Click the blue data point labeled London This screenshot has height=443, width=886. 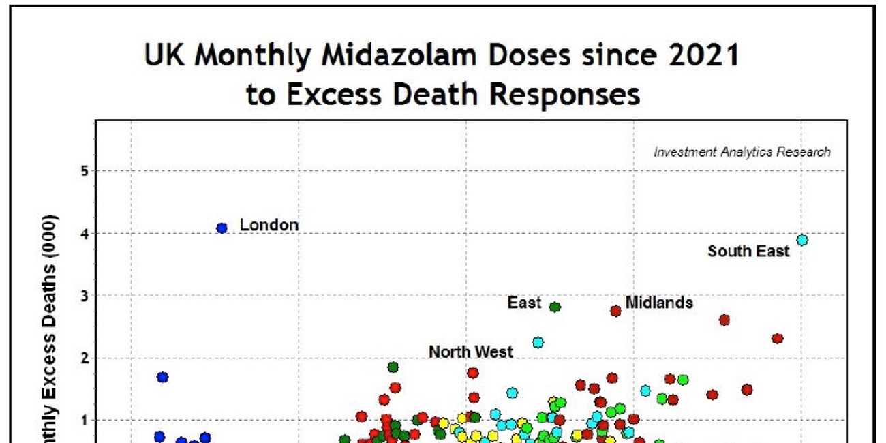click(221, 228)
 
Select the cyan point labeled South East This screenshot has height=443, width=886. click(802, 240)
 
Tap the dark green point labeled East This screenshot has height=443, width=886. click(555, 307)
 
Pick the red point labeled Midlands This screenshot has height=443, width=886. click(615, 311)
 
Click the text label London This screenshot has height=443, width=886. click(269, 225)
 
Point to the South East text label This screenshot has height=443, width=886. click(748, 251)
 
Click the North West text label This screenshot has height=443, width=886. click(470, 352)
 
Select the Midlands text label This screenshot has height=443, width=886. click(658, 302)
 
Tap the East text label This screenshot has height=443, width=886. click(524, 303)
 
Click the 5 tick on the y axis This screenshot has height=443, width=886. click(85, 170)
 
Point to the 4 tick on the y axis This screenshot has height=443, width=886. click(85, 233)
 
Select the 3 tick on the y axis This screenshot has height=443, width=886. click(85, 296)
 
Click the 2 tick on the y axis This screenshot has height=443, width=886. click(85, 358)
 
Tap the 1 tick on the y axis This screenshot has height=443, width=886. click(85, 421)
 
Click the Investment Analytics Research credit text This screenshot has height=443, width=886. click(742, 152)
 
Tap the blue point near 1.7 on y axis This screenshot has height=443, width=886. click(162, 377)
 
